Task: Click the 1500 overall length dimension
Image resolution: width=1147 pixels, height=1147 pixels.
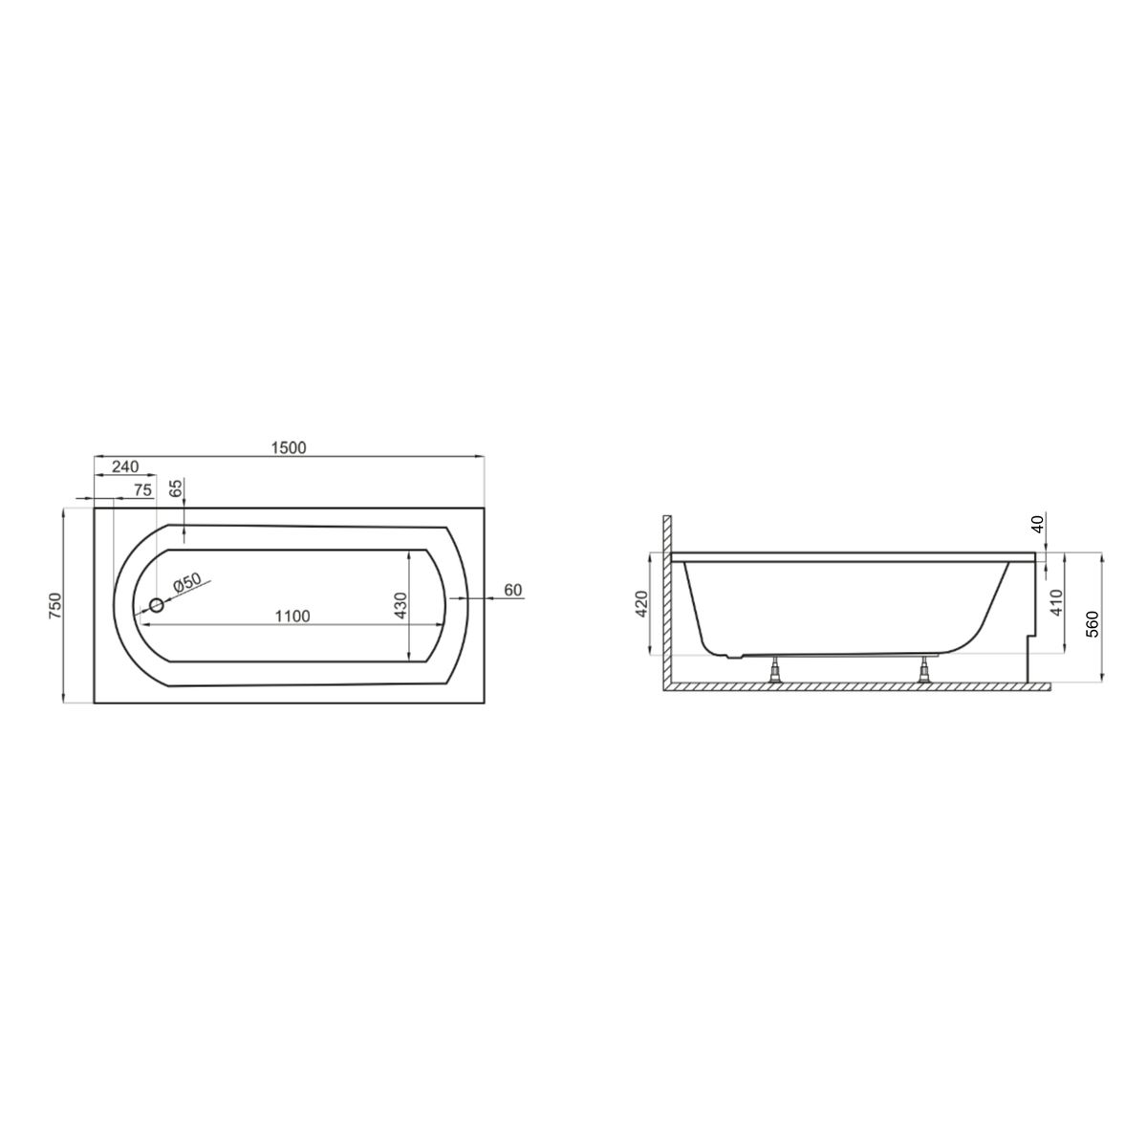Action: (289, 447)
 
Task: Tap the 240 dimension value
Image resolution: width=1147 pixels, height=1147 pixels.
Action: (125, 466)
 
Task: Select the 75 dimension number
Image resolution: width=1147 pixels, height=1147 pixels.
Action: (142, 490)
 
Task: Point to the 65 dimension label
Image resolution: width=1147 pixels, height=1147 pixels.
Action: (176, 488)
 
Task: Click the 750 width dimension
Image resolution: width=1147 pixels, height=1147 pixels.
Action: (54, 605)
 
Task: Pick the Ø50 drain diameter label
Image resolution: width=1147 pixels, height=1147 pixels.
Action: (187, 582)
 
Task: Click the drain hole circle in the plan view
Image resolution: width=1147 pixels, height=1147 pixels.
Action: (157, 605)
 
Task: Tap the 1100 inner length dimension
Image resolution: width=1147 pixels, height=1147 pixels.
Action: (292, 617)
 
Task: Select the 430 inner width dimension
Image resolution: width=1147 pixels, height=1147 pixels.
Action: (400, 605)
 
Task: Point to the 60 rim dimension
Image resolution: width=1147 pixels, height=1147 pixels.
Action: (513, 590)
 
